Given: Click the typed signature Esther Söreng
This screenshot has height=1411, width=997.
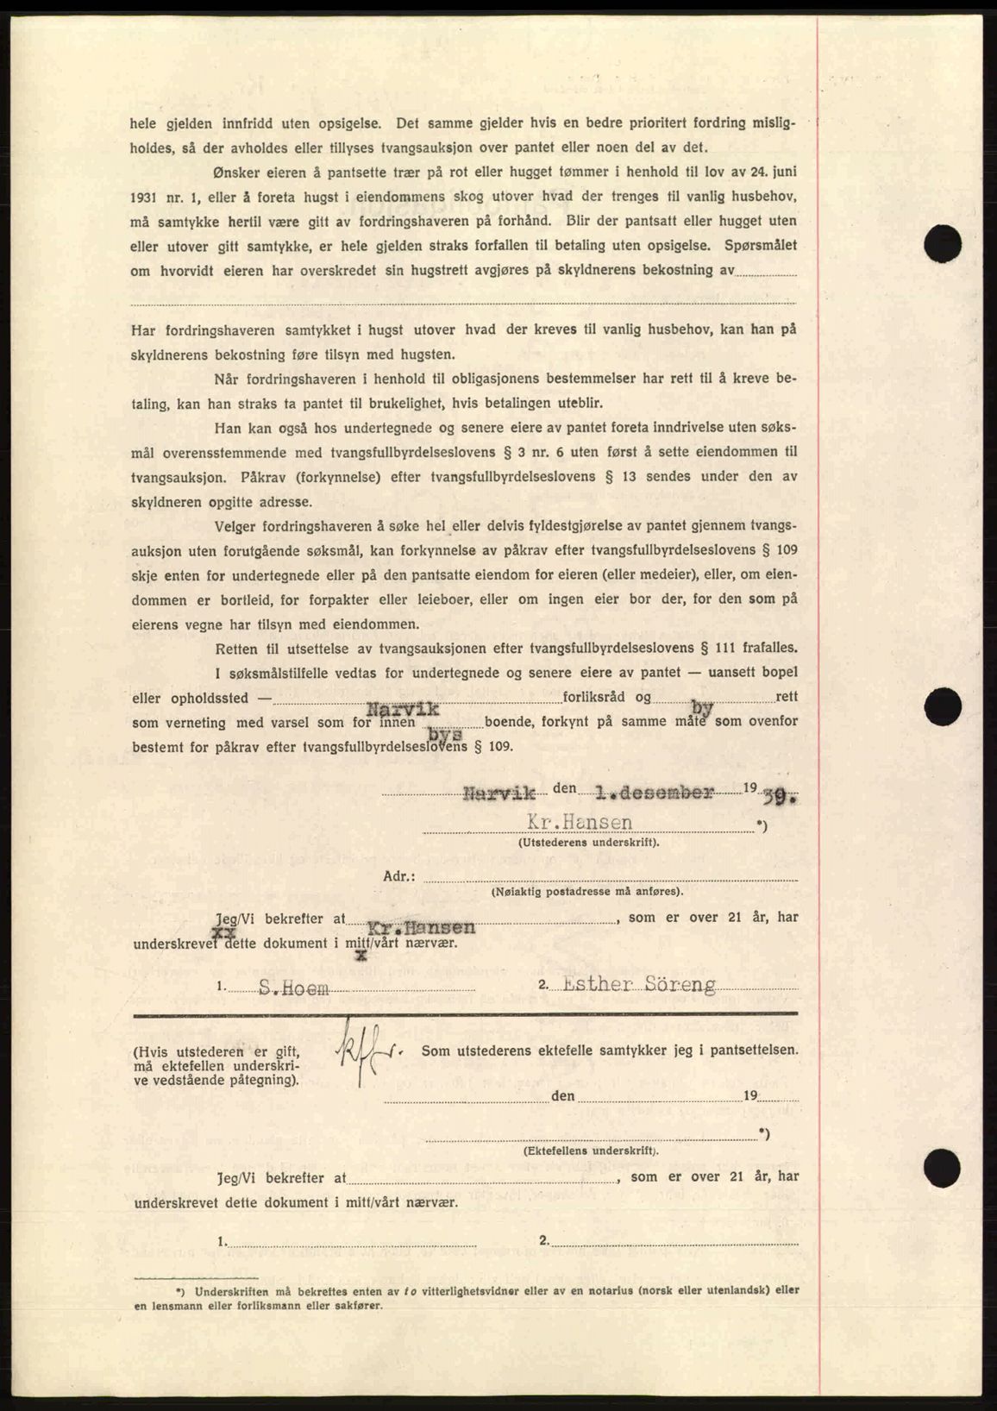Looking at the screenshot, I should (639, 985).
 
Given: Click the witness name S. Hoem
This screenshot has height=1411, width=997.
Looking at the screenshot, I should (293, 989).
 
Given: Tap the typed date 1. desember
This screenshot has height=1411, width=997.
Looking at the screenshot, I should (645, 791).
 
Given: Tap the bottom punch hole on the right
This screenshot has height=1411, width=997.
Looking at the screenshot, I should (942, 1170).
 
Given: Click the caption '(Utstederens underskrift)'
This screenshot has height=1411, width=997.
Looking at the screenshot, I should (589, 842).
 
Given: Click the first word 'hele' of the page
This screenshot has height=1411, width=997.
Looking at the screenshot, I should (147, 123).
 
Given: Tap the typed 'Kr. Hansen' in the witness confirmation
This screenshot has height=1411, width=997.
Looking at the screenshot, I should (421, 928).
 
